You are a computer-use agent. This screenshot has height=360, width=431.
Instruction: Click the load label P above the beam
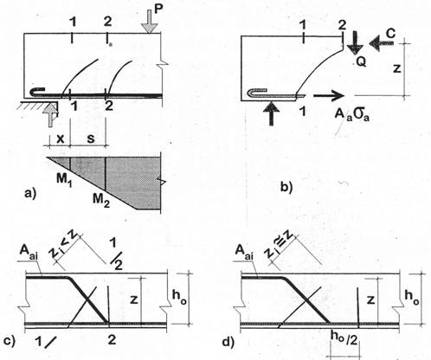tap(159, 9)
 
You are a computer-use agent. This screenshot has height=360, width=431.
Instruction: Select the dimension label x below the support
tap(60, 138)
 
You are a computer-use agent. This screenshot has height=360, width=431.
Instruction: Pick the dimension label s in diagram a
tap(91, 138)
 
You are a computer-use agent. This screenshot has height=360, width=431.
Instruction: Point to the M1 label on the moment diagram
tap(64, 181)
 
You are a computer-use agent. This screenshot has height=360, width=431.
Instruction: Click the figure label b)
tap(286, 187)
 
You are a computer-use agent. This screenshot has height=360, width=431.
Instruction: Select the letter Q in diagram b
tap(361, 61)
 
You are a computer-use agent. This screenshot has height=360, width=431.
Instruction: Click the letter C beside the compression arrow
tap(390, 34)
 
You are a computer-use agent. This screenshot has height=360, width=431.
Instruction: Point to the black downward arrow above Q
tap(354, 42)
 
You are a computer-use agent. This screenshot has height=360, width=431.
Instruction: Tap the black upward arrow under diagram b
tap(271, 113)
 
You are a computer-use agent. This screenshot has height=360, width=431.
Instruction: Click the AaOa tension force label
tap(352, 114)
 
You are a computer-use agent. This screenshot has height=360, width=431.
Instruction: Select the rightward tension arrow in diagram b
tap(329, 95)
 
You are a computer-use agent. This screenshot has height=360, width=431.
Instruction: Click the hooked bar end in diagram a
tap(37, 93)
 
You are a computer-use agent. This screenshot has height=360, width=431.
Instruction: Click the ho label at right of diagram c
tap(179, 298)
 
